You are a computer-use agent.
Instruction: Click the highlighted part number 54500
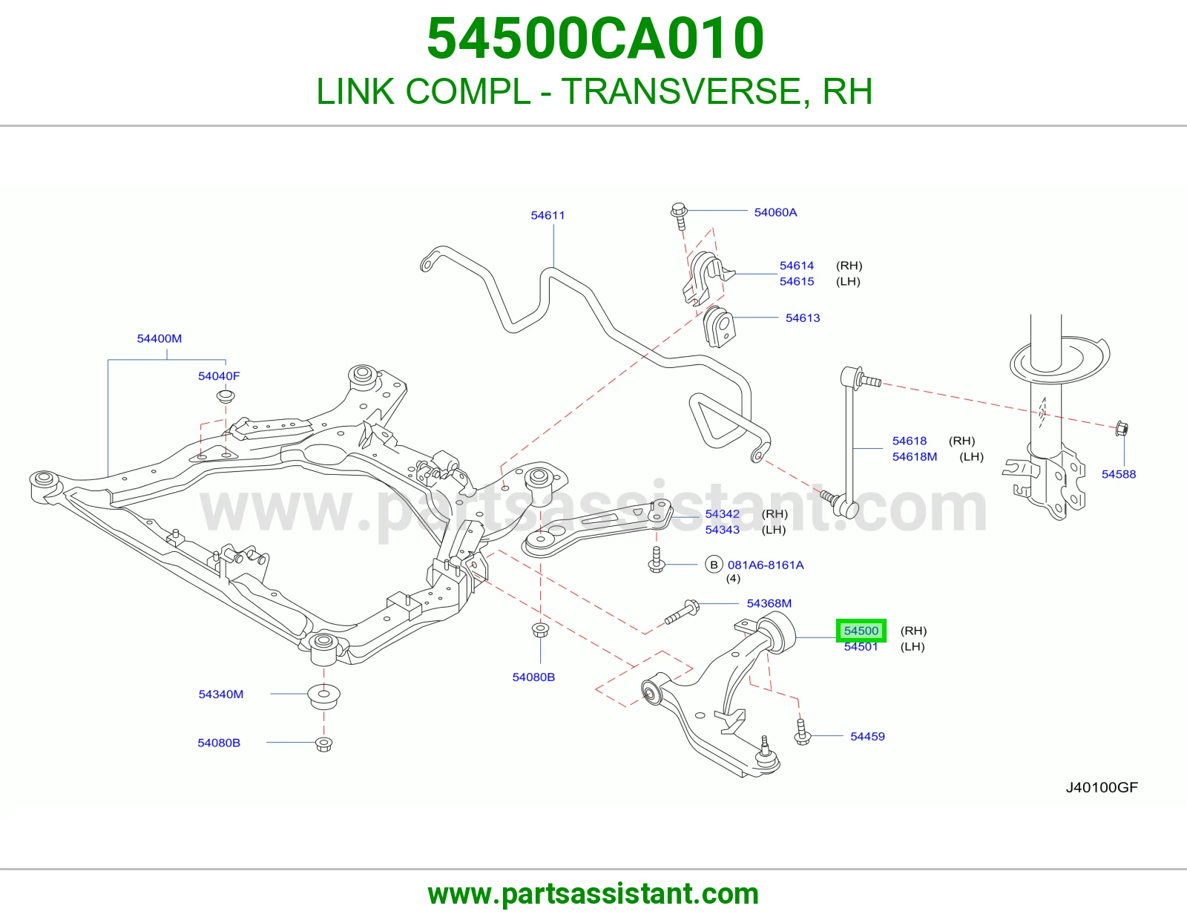861,631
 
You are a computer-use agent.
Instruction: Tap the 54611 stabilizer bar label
548,215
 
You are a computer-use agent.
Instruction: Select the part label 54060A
775,212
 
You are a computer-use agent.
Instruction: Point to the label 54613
803,318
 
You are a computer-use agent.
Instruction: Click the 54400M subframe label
159,338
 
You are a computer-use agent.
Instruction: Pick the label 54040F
219,376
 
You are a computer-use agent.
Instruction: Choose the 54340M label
220,694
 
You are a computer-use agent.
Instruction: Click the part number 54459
867,736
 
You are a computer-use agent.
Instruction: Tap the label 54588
1119,473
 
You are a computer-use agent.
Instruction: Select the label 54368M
769,603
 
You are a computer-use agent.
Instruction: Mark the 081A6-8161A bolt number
766,565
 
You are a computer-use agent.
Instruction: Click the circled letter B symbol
714,565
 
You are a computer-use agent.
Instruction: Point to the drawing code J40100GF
1102,787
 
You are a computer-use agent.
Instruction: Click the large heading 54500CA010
595,38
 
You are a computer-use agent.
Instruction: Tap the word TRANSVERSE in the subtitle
683,91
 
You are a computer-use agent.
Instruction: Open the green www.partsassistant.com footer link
593,894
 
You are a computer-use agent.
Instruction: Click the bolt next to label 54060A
679,217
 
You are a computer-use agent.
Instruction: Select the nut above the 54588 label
1122,429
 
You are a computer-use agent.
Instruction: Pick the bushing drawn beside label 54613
718,326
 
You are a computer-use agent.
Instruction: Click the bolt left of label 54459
802,732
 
